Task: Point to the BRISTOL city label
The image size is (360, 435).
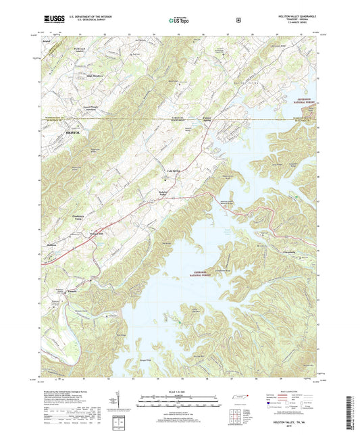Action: click(x=74, y=134)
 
